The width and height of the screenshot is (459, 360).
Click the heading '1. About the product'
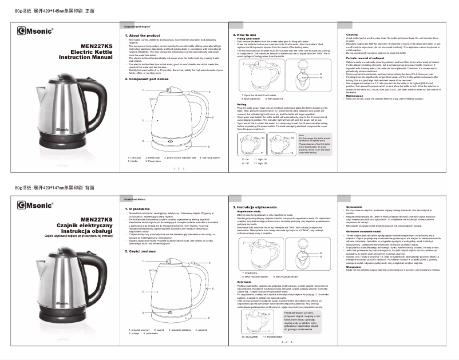click(x=141, y=35)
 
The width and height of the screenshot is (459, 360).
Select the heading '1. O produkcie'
click(x=137, y=208)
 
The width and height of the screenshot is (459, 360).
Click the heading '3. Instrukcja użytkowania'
click(x=256, y=206)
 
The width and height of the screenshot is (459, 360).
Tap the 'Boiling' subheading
click(x=242, y=104)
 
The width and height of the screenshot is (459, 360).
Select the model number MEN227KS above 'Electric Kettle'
click(x=97, y=46)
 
